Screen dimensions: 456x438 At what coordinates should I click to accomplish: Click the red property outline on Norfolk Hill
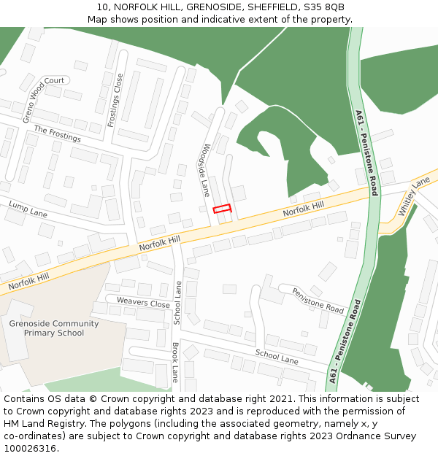click(x=222, y=209)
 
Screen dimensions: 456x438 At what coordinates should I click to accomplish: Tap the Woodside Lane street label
click(x=207, y=170)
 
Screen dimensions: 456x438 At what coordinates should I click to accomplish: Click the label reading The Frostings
click(x=57, y=134)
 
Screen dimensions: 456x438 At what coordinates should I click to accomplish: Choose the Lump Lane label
click(x=28, y=208)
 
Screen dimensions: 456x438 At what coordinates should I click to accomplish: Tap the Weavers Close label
click(x=138, y=303)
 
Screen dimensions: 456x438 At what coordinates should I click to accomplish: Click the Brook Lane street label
click(x=175, y=362)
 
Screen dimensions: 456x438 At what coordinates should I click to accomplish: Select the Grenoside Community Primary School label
click(x=53, y=328)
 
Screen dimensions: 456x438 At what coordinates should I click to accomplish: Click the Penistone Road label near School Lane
click(x=318, y=301)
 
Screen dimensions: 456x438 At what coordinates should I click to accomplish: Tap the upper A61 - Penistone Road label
click(x=366, y=153)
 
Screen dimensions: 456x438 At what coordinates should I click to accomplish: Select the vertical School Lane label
click(x=178, y=303)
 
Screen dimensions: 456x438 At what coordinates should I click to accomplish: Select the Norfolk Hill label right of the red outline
click(x=303, y=209)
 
